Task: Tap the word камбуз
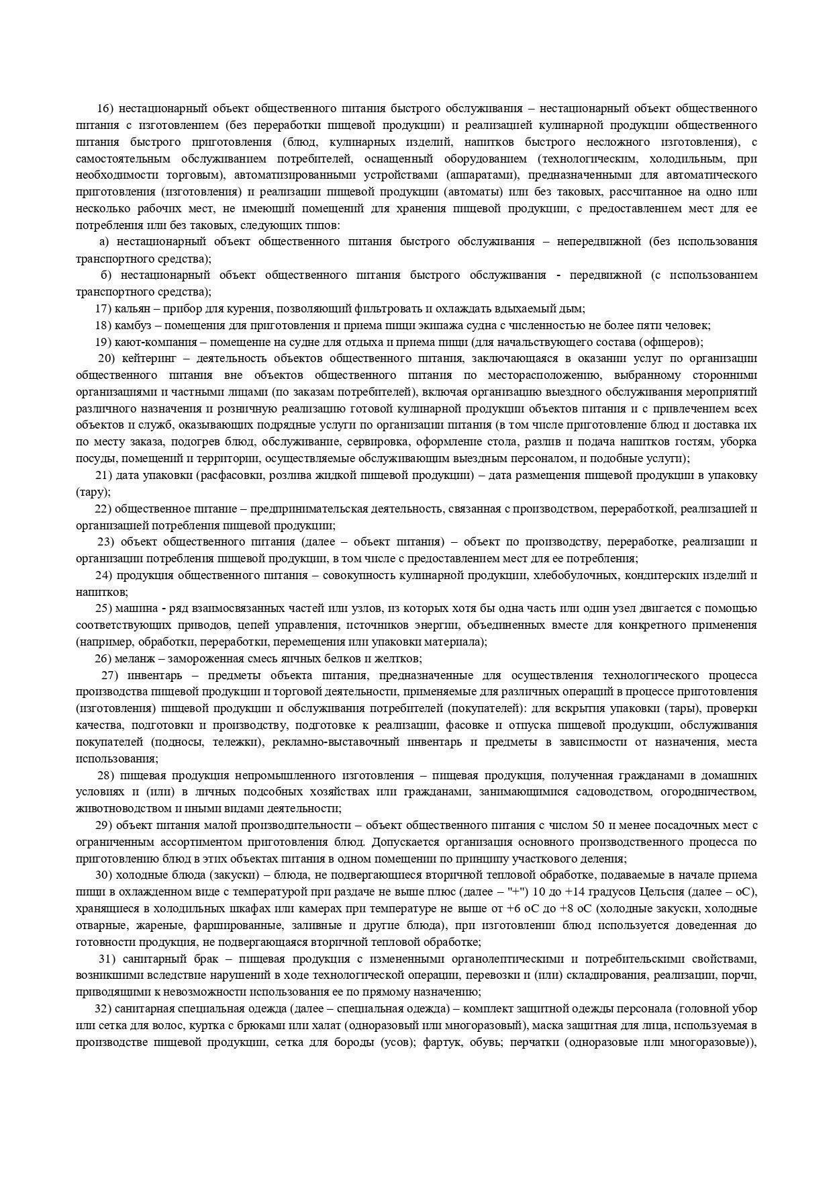(134, 325)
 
